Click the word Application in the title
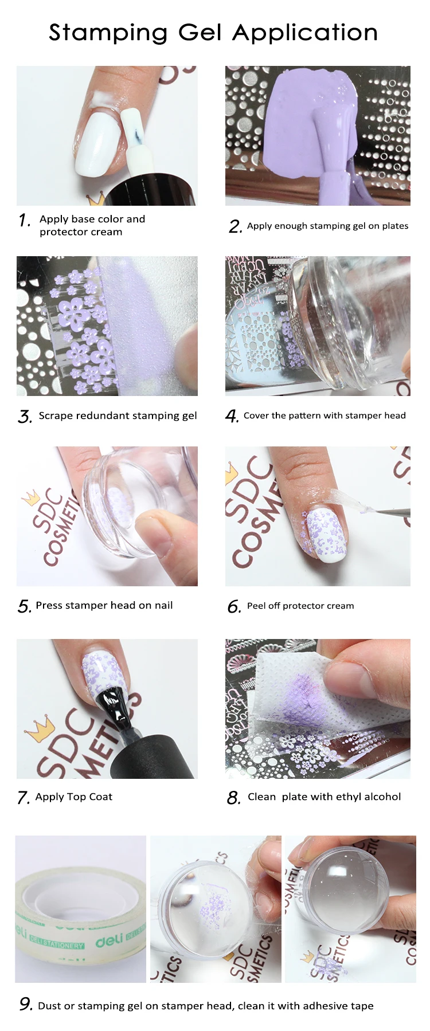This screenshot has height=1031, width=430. point(305,33)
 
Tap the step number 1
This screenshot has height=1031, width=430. point(24,220)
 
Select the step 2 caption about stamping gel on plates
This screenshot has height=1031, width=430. point(327,226)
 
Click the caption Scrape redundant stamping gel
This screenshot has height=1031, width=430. point(118,415)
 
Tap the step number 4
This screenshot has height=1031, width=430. point(232,416)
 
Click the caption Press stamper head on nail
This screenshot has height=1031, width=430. point(104,605)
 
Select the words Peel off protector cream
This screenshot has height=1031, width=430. point(300,606)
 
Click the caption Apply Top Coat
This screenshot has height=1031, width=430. point(73,797)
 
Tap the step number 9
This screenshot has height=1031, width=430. point(25,1004)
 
